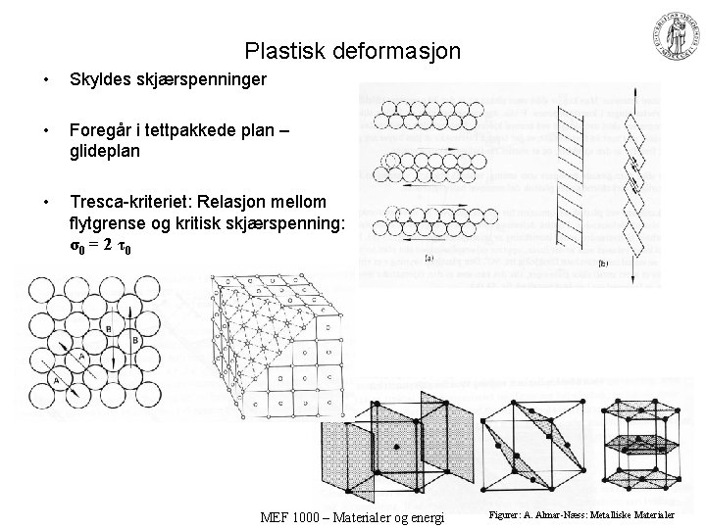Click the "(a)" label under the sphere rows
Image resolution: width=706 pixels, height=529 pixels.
pos(429,259)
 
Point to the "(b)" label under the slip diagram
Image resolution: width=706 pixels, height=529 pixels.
pos(602,262)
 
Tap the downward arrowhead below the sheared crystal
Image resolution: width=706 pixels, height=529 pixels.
pos(633,279)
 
